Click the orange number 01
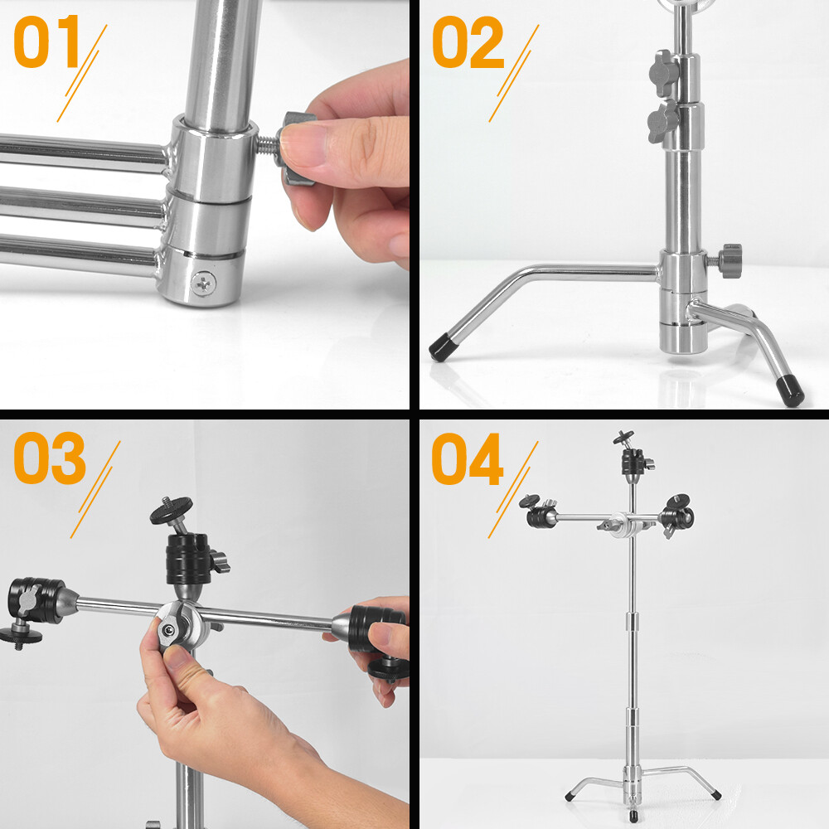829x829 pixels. (46, 41)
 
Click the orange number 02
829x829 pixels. (468, 41)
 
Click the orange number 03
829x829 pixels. (50, 458)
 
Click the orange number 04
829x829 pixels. (468, 458)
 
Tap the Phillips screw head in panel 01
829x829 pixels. (204, 284)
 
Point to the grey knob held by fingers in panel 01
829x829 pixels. (296, 148)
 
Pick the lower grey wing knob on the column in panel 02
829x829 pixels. (662, 124)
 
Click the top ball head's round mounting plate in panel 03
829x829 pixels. (172, 510)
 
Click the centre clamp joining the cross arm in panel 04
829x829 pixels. (625, 525)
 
